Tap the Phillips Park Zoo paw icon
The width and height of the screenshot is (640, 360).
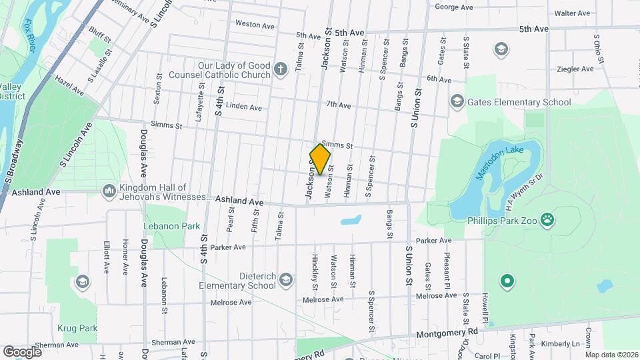(547, 219)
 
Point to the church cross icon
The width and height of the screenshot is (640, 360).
(281, 68)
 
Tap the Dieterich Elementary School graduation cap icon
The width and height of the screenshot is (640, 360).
(286, 279)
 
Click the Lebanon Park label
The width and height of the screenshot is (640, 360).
(172, 226)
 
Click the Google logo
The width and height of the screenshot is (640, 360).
(22, 351)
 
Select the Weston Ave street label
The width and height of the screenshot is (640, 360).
(255, 25)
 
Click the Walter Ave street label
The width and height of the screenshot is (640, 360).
(572, 13)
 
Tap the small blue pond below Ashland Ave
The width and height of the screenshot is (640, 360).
(351, 219)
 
